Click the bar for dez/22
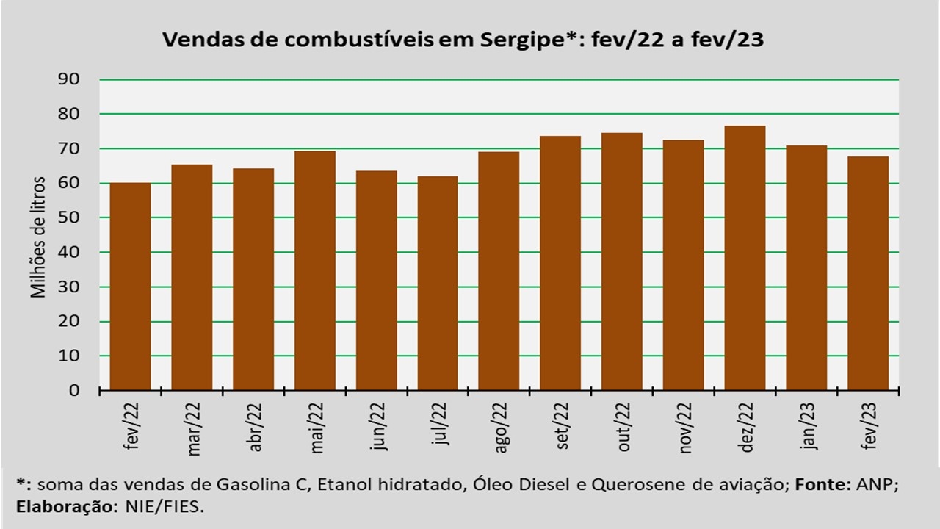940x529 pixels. pyautogui.click(x=745, y=258)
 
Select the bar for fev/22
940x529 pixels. pyautogui.click(x=130, y=287)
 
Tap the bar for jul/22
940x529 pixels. pyautogui.click(x=438, y=284)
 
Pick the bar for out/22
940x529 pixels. pyautogui.click(x=622, y=262)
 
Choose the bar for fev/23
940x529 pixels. pyautogui.click(x=868, y=274)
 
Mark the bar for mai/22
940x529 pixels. pyautogui.click(x=315, y=271)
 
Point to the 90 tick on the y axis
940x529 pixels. pyautogui.click(x=68, y=79)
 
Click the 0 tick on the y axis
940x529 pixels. pyautogui.click(x=74, y=390)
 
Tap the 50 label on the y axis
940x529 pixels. pyautogui.click(x=68, y=217)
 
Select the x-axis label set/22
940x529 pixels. pyautogui.click(x=562, y=425)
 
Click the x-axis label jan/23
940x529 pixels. pyautogui.click(x=808, y=425)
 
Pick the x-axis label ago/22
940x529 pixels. pyautogui.click(x=501, y=428)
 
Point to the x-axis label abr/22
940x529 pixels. pyautogui.click(x=255, y=427)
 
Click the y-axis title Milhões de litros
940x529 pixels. pyautogui.click(x=37, y=237)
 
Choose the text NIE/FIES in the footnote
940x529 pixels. pyautogui.click(x=164, y=507)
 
